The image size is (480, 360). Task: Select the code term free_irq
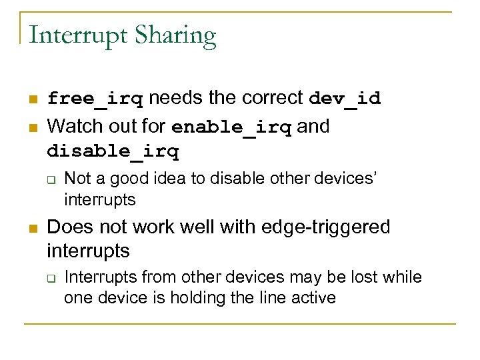point(95,99)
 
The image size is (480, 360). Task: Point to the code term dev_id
point(345,99)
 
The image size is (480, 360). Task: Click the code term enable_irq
point(231,127)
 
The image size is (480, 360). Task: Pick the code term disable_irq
point(113,152)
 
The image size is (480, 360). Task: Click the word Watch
point(71,126)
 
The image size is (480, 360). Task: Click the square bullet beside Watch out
point(32,127)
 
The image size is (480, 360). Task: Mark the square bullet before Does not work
point(32,229)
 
